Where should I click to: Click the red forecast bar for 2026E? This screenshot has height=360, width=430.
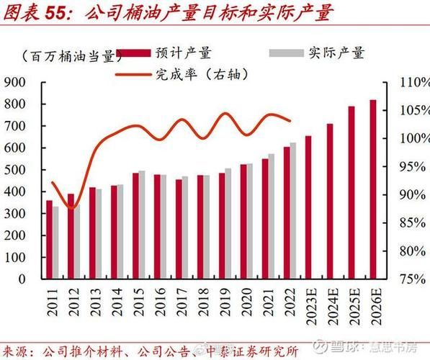pyautogui.click(x=373, y=189)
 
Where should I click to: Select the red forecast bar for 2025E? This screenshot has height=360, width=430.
pyautogui.click(x=351, y=192)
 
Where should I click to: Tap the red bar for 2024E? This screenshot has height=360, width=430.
pyautogui.click(x=330, y=201)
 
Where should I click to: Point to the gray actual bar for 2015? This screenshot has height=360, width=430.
pyautogui.click(x=142, y=224)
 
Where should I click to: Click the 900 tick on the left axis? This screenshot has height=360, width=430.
pyautogui.click(x=15, y=82)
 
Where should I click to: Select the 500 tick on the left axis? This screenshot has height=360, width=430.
pyautogui.click(x=15, y=169)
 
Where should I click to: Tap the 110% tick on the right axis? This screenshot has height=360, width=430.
pyautogui.click(x=406, y=82)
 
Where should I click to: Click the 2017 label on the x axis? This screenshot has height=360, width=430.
pyautogui.click(x=179, y=302)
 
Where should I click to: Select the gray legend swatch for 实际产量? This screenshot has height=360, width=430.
pyautogui.click(x=284, y=53)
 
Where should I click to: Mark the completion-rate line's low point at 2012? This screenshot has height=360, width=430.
pyautogui.click(x=71, y=208)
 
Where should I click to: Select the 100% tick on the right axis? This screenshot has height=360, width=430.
pyautogui.click(x=406, y=138)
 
